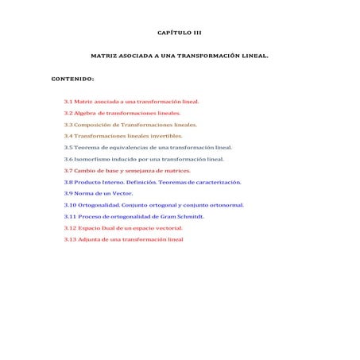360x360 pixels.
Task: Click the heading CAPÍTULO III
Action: tap(180, 33)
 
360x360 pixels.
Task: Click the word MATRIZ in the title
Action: tap(105, 56)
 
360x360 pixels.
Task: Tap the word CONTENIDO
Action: tap(72, 79)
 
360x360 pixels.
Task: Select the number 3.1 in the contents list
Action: tap(68, 102)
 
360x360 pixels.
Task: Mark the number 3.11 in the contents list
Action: tap(70, 216)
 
